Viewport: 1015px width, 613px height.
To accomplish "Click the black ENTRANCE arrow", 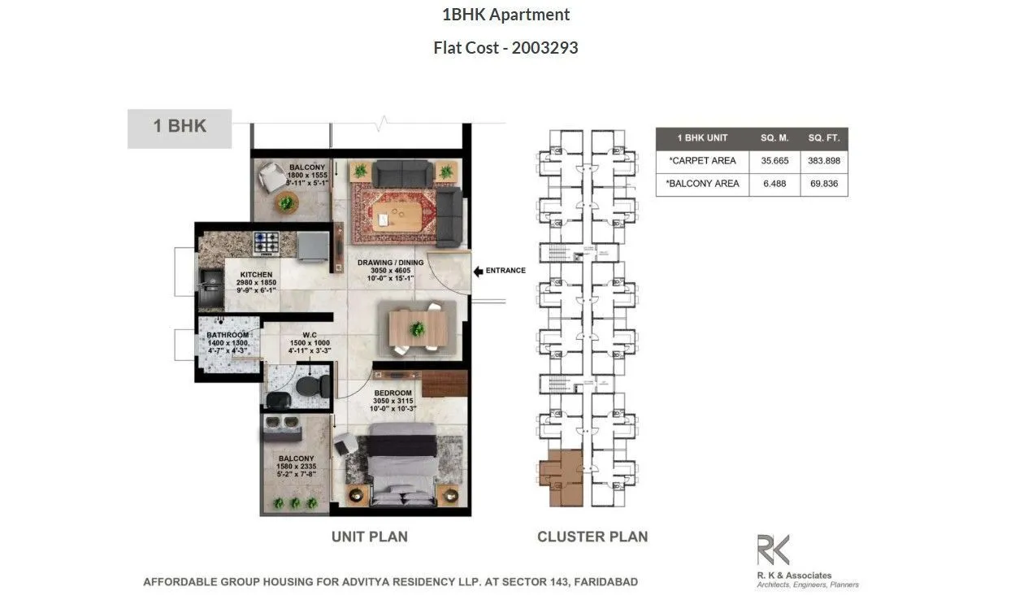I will click(480, 271).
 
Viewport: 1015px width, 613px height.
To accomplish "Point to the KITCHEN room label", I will click(256, 275).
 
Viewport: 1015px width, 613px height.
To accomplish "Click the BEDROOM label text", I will click(393, 393).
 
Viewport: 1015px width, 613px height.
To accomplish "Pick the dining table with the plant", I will click(417, 328).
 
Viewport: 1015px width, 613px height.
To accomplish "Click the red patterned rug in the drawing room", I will click(394, 215).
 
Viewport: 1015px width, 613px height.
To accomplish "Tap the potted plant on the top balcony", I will click(286, 202).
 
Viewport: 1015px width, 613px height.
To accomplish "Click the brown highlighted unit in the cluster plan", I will click(561, 476).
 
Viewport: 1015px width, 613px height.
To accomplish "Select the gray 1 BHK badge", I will click(180, 128).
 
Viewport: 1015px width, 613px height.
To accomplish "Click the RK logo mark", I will click(773, 550).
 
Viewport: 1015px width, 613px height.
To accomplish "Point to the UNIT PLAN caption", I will click(369, 537).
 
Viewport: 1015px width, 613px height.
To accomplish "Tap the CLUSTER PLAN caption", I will click(592, 537).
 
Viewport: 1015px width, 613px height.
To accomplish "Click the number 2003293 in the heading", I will click(544, 48).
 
